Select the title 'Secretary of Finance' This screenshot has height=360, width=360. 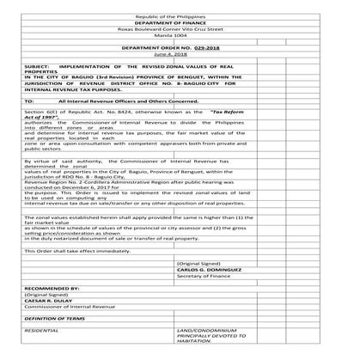click(x=203, y=276)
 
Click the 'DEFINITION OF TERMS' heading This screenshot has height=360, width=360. click(x=56, y=320)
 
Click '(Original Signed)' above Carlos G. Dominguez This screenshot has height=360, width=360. click(x=198, y=262)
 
